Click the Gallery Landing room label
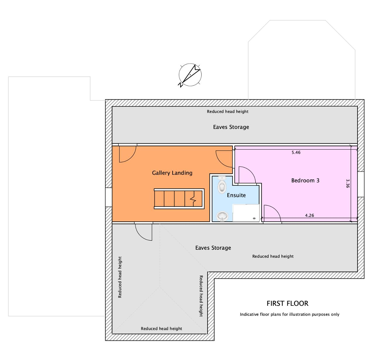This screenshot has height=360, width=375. pos(172,173)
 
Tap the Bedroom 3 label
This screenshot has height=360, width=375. pos(305,180)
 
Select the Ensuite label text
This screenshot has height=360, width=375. pos(236,195)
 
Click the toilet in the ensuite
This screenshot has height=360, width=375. pos(222,185)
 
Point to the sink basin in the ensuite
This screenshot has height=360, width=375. pos(222,216)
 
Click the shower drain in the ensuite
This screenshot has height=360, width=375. pos(254,218)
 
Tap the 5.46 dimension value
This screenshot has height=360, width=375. pos(296,152)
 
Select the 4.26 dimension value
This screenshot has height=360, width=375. pos(309,215)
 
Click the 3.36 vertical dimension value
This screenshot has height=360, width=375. pos(347,184)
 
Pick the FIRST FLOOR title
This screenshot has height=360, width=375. pos(287,303)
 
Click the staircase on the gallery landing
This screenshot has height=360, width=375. pos(179,199)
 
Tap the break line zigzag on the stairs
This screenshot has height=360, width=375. pos(193,199)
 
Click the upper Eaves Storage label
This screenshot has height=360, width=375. pos(231,127)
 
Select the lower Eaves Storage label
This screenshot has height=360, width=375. pos(213,248)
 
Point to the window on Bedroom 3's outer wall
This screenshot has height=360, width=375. pos(361,184)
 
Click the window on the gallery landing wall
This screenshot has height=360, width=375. pos(108,197)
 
